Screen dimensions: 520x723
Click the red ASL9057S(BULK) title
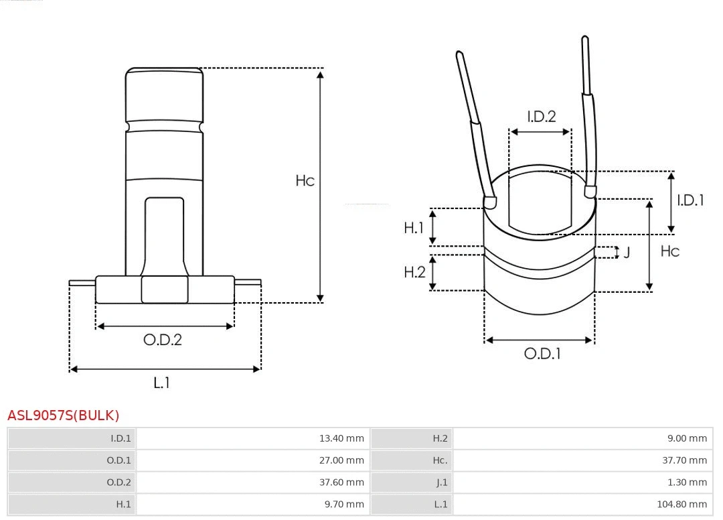63,415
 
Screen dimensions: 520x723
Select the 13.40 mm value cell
341,439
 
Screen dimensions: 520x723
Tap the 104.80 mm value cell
682,504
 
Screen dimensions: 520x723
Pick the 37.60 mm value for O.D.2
341,482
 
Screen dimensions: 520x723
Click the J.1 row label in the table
441,482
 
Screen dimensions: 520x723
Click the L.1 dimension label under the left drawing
161,383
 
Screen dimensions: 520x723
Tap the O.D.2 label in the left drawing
162,340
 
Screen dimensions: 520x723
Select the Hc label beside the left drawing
305,181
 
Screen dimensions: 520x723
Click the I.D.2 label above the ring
541,117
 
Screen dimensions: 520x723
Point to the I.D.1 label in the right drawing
690,200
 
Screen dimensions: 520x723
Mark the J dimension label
626,253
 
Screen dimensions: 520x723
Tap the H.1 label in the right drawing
414,228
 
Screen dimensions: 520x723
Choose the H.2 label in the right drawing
414,272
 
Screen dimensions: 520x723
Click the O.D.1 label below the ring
542,354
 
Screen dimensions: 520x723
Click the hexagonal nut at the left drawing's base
165,289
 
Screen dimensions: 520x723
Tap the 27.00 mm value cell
341,460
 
